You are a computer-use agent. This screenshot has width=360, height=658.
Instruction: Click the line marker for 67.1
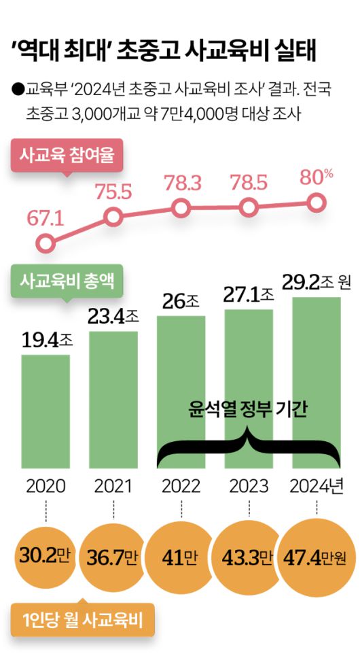pos(45,243)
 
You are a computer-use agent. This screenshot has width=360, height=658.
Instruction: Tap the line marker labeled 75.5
pos(113,217)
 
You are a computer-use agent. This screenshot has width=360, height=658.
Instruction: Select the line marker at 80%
pos(316,202)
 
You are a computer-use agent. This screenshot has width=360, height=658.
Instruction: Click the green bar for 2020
pos(45,411)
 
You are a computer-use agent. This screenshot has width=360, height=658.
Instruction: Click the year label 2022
pos(181,487)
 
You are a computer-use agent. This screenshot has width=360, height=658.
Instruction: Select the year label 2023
pos(249,487)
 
